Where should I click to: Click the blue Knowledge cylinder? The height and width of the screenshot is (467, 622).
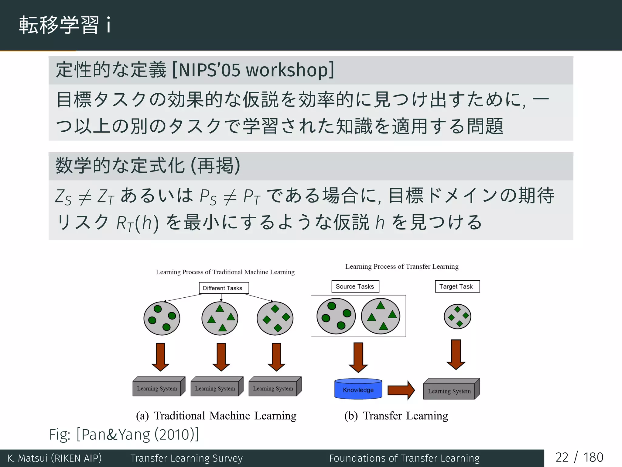point(358,389)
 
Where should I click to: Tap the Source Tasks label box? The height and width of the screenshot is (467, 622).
point(355,286)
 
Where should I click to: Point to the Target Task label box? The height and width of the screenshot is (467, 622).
point(457,286)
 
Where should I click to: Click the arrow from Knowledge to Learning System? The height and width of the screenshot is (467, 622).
point(401,390)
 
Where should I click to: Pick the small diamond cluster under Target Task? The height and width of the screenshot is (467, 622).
point(457,317)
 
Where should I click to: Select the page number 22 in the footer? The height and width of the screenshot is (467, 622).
point(562,458)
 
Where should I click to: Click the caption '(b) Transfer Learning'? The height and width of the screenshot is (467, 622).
point(396,416)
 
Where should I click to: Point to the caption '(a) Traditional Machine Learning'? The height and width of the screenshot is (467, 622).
point(216,416)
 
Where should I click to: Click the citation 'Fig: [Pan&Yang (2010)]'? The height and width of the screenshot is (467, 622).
point(124,434)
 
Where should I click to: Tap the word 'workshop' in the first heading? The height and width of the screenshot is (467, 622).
point(287,70)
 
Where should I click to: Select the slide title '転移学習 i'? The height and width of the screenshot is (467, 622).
point(65,25)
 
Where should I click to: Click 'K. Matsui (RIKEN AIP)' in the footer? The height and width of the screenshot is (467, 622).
point(55,458)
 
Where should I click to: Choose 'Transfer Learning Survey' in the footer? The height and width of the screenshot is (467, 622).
point(186,458)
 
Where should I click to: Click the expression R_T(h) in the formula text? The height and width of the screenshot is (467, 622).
point(137,223)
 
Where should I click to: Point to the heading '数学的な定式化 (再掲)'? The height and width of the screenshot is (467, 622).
point(148,166)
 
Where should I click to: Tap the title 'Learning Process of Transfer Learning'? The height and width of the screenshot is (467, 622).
point(402,267)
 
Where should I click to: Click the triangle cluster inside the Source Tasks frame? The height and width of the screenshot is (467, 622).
point(381,316)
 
